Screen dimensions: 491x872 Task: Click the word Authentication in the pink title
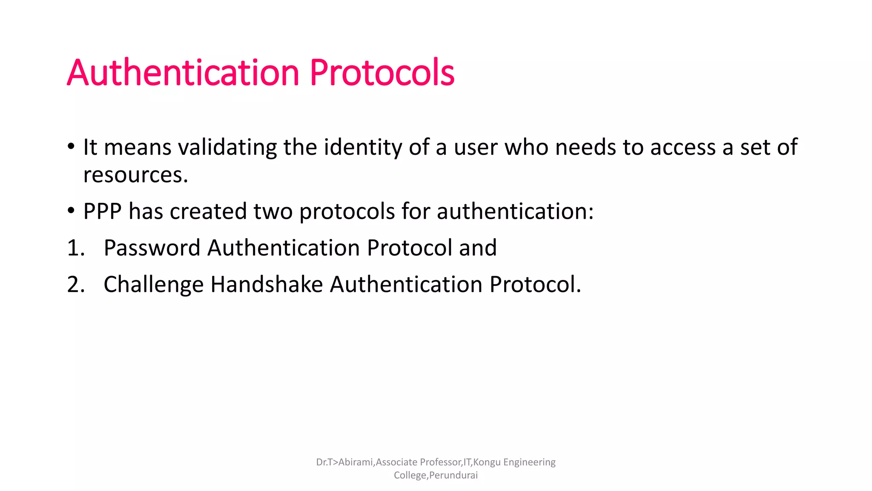coord(183,73)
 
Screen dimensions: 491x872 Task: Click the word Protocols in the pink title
coord(382,73)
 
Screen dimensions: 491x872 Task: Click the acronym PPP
coord(102,211)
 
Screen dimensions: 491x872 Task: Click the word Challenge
coord(153,285)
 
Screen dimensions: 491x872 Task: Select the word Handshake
coord(267,285)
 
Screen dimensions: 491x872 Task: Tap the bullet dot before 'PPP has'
coord(71,211)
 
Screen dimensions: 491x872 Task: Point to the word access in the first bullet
coord(683,148)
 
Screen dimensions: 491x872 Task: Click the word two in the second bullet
coord(272,211)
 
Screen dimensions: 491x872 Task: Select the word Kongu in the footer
coord(487,462)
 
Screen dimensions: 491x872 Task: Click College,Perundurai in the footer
coord(436,475)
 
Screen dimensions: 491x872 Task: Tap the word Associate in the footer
coord(396,462)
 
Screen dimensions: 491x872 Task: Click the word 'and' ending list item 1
coord(478,248)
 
